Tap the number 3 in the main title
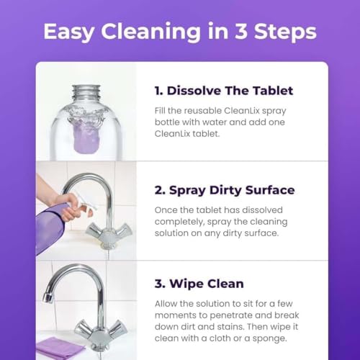point(241,32)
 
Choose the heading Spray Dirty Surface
point(224,190)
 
